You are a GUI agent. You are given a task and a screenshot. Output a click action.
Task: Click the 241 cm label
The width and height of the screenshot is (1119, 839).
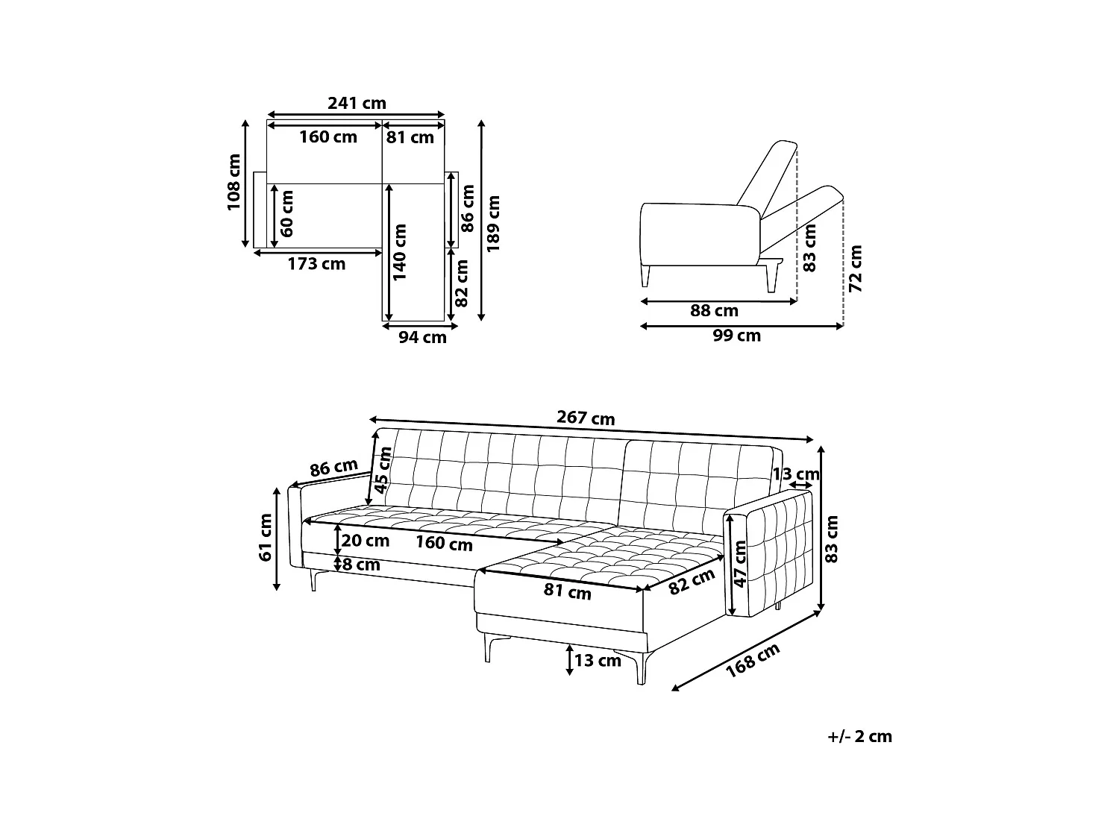[x=357, y=104]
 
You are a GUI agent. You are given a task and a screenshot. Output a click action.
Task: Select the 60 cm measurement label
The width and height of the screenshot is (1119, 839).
[x=287, y=213]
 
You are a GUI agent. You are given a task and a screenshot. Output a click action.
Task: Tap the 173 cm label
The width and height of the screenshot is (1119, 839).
[x=317, y=264]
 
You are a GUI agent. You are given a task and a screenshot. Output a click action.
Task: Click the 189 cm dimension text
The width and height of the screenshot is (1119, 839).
[x=493, y=223]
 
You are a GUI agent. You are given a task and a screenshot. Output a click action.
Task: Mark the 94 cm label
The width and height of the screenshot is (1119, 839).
[x=422, y=337]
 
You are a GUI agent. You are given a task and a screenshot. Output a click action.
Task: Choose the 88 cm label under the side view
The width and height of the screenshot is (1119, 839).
[x=714, y=311]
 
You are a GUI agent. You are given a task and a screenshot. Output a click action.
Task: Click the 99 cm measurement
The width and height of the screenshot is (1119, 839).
[x=736, y=336]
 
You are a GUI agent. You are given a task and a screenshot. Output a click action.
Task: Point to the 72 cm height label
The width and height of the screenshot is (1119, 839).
[x=856, y=268]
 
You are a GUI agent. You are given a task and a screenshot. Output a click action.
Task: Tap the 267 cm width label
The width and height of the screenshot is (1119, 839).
[x=586, y=418]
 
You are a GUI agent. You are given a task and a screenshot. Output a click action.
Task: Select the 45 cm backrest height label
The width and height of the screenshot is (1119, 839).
[x=384, y=471]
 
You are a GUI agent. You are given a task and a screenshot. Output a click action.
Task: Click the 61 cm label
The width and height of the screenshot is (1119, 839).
[x=266, y=538]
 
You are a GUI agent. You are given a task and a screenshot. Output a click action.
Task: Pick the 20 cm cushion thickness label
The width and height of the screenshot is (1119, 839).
[x=366, y=541]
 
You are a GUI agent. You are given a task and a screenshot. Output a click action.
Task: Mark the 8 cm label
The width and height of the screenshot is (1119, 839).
[x=361, y=565]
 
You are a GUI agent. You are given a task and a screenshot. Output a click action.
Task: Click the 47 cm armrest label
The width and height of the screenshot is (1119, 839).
[x=739, y=564]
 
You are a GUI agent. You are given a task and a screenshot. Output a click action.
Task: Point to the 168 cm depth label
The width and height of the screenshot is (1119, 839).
[x=753, y=660]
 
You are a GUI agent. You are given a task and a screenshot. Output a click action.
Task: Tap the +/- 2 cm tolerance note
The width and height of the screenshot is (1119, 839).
[x=859, y=737]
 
